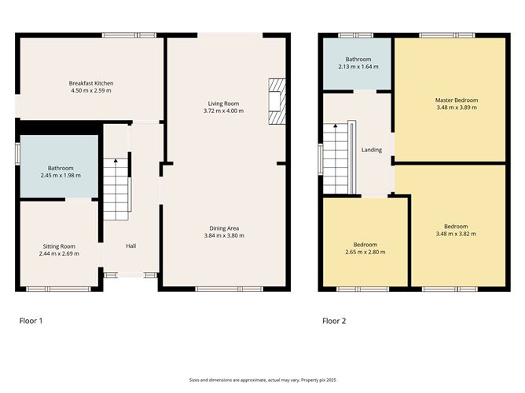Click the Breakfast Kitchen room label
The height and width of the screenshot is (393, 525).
click(x=91, y=83)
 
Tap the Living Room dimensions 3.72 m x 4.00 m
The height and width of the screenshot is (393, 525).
click(x=223, y=111)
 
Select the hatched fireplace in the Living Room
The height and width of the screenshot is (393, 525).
click(x=277, y=101)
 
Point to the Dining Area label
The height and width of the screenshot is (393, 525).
click(x=224, y=228)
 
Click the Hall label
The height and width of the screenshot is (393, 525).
click(x=131, y=246)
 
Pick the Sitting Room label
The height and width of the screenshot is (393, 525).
click(x=59, y=246)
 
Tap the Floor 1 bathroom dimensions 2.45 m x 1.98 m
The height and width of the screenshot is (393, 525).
click(x=61, y=176)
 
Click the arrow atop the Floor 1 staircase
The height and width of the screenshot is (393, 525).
click(x=116, y=160)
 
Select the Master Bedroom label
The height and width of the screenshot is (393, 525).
click(x=457, y=100)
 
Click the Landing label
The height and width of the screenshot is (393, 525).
click(x=372, y=150)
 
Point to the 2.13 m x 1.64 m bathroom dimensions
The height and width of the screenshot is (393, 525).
click(x=358, y=67)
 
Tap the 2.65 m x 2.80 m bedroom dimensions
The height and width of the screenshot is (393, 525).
click(x=365, y=252)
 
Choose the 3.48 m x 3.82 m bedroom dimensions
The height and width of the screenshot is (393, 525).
click(x=456, y=234)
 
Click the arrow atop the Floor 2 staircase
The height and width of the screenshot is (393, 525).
click(x=335, y=126)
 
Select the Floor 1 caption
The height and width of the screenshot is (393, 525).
click(x=31, y=321)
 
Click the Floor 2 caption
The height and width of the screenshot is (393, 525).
click(x=334, y=321)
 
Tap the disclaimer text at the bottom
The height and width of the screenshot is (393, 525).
click(x=262, y=380)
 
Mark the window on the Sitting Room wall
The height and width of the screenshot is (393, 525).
click(x=59, y=289)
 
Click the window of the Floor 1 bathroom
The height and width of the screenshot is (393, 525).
click(x=18, y=154)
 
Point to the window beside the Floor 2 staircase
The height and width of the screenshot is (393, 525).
click(x=321, y=159)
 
